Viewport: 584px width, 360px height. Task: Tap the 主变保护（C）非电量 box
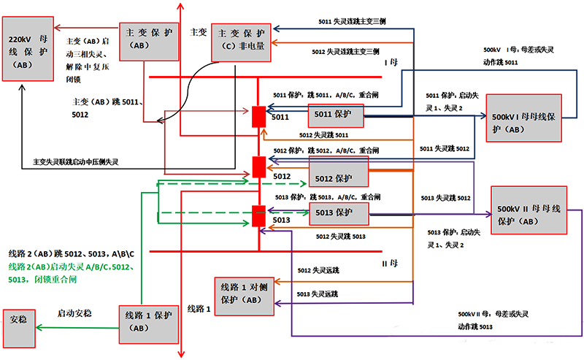coord(239,39)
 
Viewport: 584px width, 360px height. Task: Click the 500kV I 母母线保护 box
coord(523,117)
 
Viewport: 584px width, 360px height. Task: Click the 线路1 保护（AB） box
coord(149,321)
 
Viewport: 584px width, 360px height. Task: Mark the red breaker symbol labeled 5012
coord(258,166)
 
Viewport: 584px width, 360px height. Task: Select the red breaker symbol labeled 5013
coord(258,216)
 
